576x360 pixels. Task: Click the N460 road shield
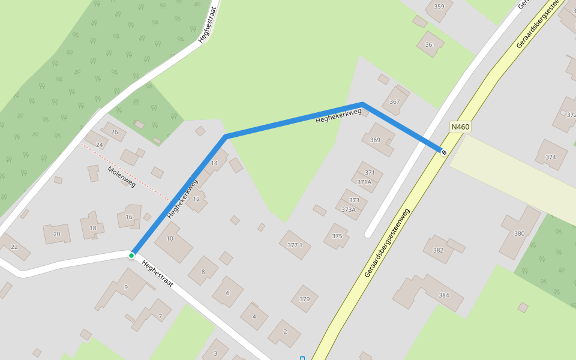pyautogui.click(x=460, y=127)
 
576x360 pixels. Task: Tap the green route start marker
pyautogui.click(x=131, y=256)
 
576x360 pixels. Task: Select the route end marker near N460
pyautogui.click(x=444, y=152)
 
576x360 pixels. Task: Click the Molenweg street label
pyautogui.click(x=121, y=176)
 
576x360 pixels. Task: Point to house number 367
pyautogui.click(x=394, y=101)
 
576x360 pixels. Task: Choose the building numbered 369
pyautogui.click(x=375, y=140)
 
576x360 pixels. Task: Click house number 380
pyautogui.click(x=519, y=233)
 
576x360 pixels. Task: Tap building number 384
pyautogui.click(x=443, y=295)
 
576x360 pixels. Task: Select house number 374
pyautogui.click(x=550, y=157)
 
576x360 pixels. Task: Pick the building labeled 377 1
pyautogui.click(x=295, y=245)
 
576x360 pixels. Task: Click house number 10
pyautogui.click(x=170, y=238)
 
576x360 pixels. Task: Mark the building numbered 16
pyautogui.click(x=128, y=217)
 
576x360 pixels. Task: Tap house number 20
pyautogui.click(x=56, y=234)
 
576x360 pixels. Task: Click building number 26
pyautogui.click(x=114, y=132)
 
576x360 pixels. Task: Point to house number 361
pyautogui.click(x=430, y=44)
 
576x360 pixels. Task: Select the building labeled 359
pyautogui.click(x=439, y=7)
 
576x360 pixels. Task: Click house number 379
pyautogui.click(x=304, y=299)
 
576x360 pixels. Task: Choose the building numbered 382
pyautogui.click(x=438, y=250)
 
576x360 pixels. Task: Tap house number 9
pyautogui.click(x=126, y=287)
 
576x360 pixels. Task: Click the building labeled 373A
pyautogui.click(x=349, y=209)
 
